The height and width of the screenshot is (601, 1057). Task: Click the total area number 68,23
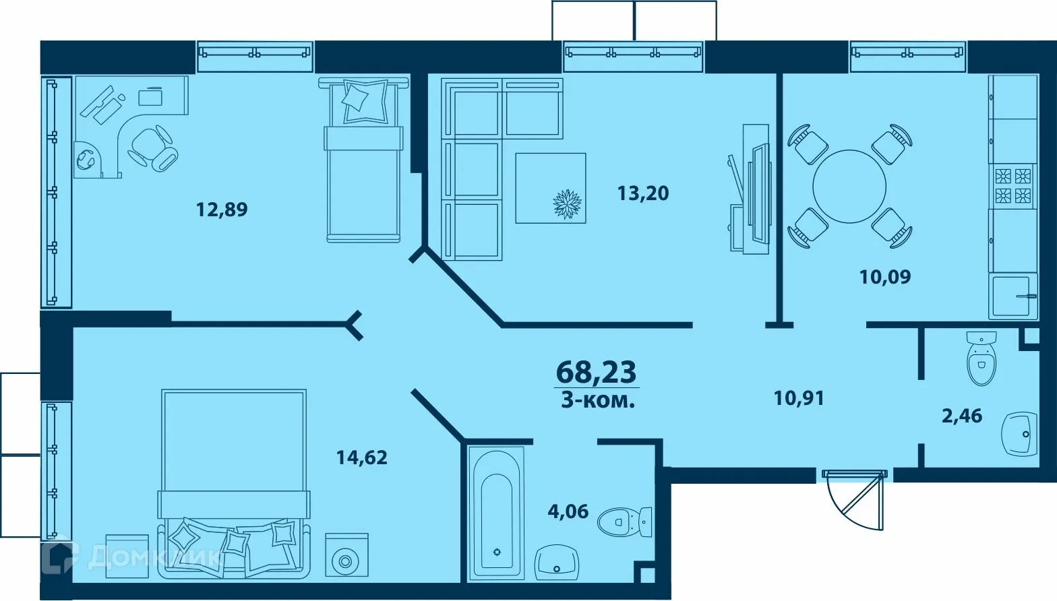click(596, 371)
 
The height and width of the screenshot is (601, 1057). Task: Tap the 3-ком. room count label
click(598, 401)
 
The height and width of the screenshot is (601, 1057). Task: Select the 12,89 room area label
click(222, 210)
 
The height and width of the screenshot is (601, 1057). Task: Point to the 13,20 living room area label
click(643, 193)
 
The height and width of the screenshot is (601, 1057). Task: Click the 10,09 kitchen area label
click(885, 276)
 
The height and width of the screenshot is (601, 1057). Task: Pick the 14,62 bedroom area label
click(362, 458)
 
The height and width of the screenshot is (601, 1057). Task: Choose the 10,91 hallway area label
click(799, 398)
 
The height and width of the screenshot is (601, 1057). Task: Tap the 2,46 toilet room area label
click(962, 416)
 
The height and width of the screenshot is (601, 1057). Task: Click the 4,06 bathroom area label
click(568, 511)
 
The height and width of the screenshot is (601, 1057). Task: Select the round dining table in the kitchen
click(849, 187)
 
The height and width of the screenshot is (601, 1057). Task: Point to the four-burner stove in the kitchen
click(1013, 186)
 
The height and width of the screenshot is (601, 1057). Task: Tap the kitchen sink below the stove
click(1013, 295)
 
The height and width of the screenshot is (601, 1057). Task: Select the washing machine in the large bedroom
click(346, 555)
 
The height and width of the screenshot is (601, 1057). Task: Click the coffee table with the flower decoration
click(551, 188)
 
